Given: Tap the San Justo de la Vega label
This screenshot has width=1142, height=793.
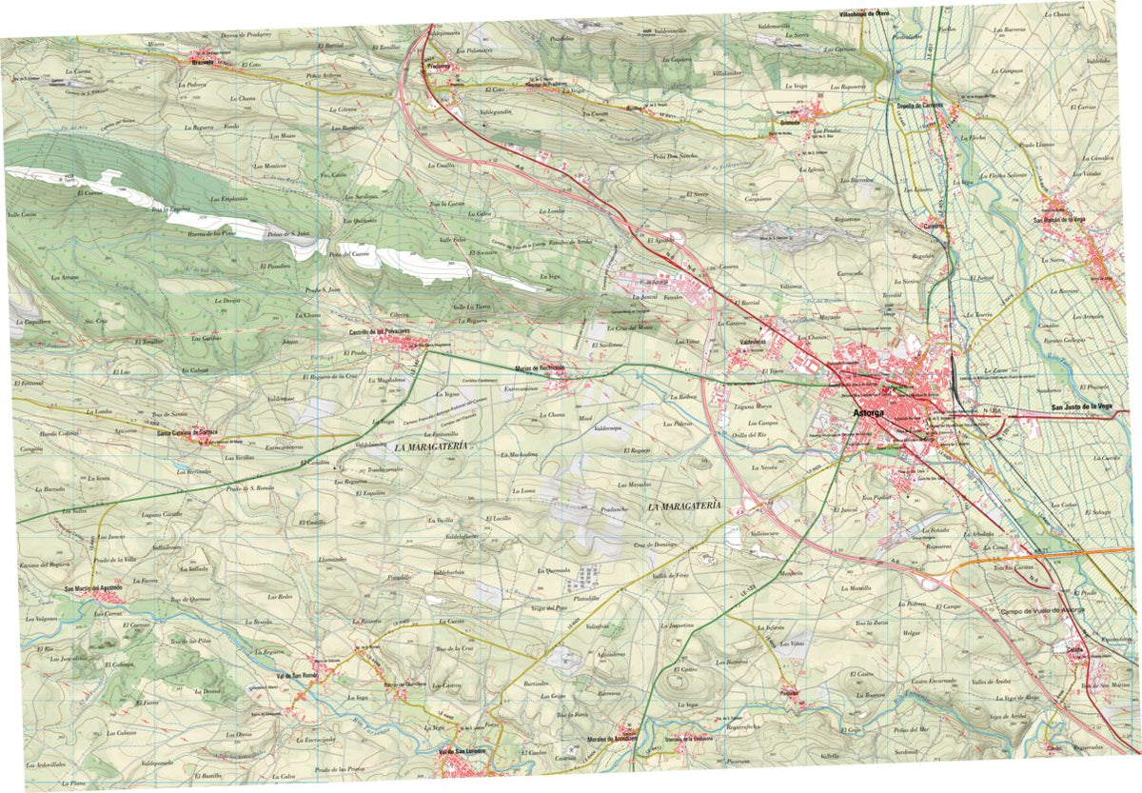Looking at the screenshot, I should (1081, 406).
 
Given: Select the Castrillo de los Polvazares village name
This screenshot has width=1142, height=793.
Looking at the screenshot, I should (379, 330).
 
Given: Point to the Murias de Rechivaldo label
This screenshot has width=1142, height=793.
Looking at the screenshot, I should (541, 367).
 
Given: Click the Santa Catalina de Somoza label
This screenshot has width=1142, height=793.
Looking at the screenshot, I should (187, 432).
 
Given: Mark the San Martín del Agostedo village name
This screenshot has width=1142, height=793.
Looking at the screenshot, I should (94, 589).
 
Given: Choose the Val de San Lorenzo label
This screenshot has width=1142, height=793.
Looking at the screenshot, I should (463, 751).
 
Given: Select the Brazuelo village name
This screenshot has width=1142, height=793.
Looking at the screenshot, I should (200, 63).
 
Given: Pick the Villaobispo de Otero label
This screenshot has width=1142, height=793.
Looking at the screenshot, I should (863, 13).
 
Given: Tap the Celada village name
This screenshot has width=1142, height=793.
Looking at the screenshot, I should (1075, 650).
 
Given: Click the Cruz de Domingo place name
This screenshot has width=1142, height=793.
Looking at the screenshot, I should (655, 545).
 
